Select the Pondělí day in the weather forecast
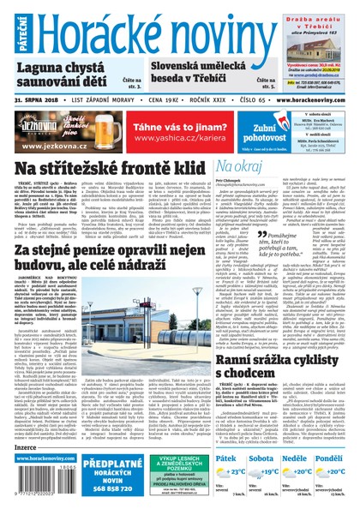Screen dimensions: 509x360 pyautogui.click(x=338, y=458)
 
